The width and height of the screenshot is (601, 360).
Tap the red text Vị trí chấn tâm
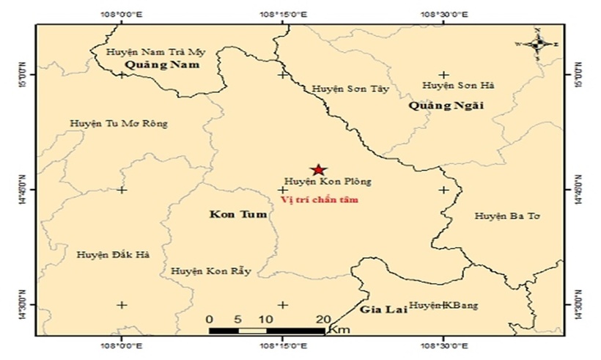coord(320,199)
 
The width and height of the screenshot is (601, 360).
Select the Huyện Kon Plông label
coord(328,181)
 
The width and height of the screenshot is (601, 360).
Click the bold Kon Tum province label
coord(232,215)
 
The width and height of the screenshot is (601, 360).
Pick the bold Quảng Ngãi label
coord(446,106)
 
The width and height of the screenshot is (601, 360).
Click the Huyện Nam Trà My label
coord(156,52)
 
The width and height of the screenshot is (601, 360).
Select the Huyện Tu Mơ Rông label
coord(119,123)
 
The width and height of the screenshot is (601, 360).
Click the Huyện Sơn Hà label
coord(459,86)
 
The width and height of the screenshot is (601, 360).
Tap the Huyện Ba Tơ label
coord(506,216)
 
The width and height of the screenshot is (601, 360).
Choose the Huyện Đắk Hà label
coord(112,254)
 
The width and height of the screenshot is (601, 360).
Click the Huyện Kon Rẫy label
coord(211,271)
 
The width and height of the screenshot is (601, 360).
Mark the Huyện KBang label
coord(443,305)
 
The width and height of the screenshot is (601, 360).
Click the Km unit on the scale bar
coord(339,331)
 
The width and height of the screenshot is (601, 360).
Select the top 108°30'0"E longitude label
coord(443,14)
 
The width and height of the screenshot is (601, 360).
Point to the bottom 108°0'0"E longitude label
coord(121,346)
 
